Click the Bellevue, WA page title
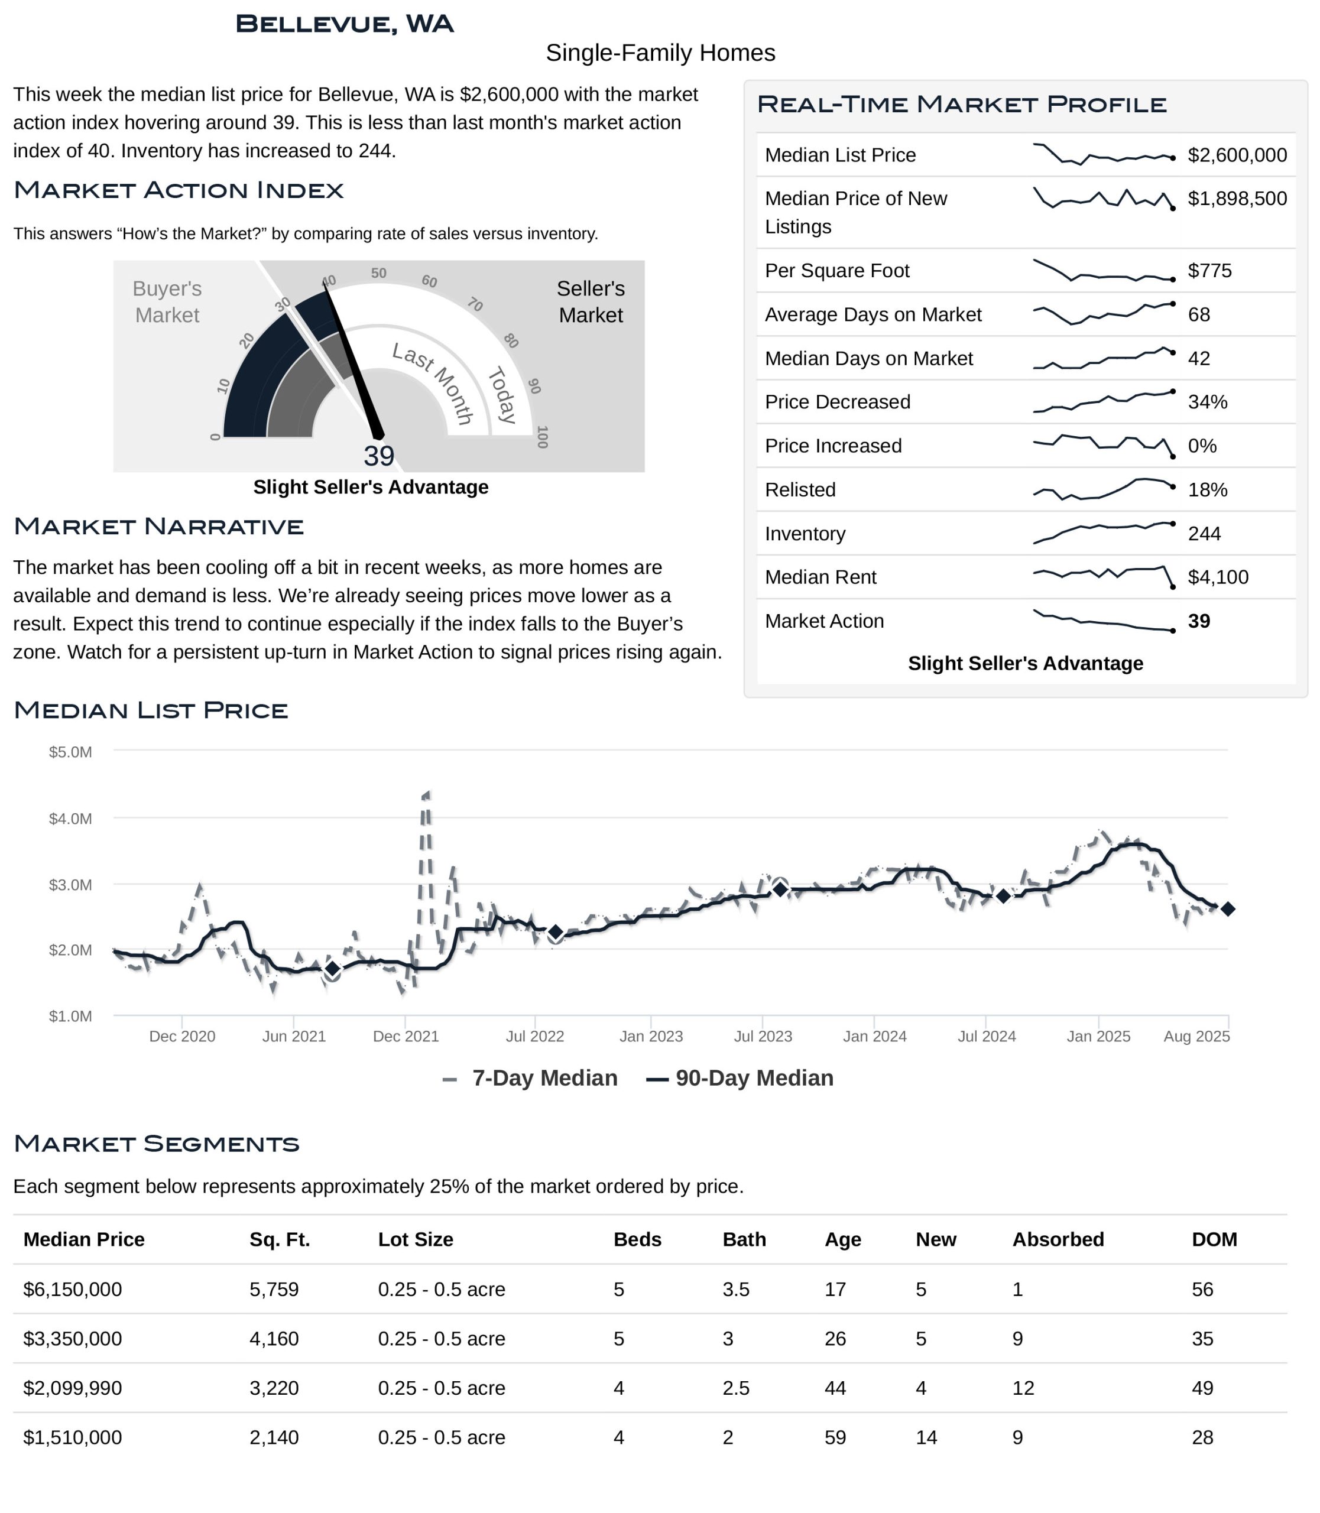pos(344,24)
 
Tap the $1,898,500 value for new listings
pos(1237,199)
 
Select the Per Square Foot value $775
pos(1209,271)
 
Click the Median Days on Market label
pos(868,359)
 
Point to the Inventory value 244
pos(1204,534)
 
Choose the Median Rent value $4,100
pos(1218,577)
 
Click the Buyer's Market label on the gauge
pos(167,302)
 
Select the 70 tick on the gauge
pos(475,304)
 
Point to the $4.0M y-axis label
pos(71,819)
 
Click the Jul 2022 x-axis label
pos(535,1037)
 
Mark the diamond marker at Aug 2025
pos(1228,910)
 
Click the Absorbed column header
pos(1058,1240)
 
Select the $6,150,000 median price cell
pos(73,1290)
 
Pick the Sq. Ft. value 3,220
pos(274,1388)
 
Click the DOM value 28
pos(1202,1438)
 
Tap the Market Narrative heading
pos(158,527)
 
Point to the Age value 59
pos(835,1438)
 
